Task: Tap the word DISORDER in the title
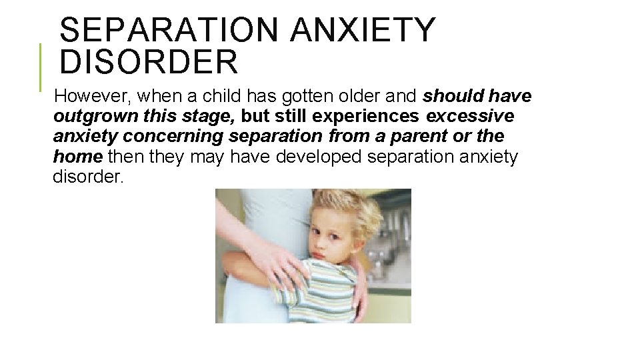coord(148,62)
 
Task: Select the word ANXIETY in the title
coord(364,30)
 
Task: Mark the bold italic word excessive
coord(470,117)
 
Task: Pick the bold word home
coord(77,157)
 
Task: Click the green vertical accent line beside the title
coord(41,67)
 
